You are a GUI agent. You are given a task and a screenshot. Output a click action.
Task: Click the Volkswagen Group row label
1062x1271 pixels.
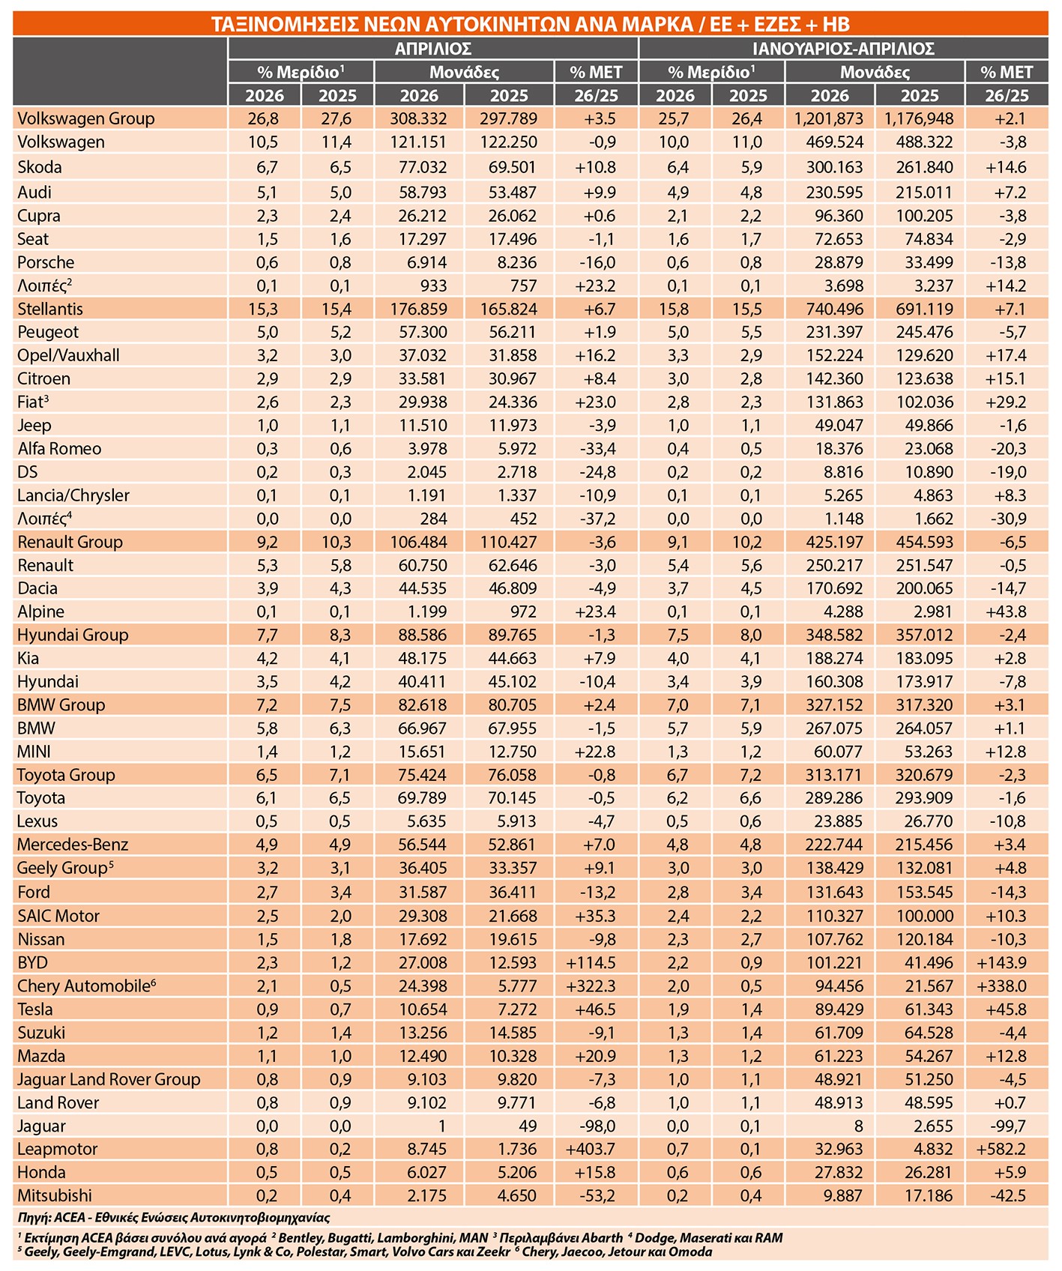85,118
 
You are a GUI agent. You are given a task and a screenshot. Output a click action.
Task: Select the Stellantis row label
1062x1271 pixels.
50,309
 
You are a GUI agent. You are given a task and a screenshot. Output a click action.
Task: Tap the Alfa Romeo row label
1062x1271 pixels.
59,448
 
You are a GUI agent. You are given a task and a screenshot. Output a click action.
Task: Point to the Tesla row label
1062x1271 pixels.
35,1009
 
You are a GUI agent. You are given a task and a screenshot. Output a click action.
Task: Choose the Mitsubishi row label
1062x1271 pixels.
55,1195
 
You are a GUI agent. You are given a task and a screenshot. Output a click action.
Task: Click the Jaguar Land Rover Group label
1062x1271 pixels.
109,1079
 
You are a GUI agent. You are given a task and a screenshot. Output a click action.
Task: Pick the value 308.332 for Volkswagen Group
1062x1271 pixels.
418,118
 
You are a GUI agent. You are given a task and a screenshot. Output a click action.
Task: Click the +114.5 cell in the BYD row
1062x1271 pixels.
591,962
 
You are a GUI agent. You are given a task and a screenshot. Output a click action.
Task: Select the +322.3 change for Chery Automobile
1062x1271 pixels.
591,985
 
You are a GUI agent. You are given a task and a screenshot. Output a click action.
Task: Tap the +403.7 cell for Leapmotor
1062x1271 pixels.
591,1149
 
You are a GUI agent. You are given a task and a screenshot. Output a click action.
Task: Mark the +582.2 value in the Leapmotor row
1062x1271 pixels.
1001,1149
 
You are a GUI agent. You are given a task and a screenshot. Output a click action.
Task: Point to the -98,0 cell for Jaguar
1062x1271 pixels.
597,1126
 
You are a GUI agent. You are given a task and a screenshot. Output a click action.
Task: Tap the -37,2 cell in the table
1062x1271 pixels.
597,519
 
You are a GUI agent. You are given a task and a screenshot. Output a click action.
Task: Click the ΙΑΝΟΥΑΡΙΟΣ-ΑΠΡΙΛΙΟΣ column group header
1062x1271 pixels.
843,49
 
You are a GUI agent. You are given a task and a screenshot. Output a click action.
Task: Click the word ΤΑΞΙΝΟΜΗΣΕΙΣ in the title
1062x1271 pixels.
285,25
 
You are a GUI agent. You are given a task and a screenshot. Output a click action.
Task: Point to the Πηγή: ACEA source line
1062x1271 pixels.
174,1218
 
